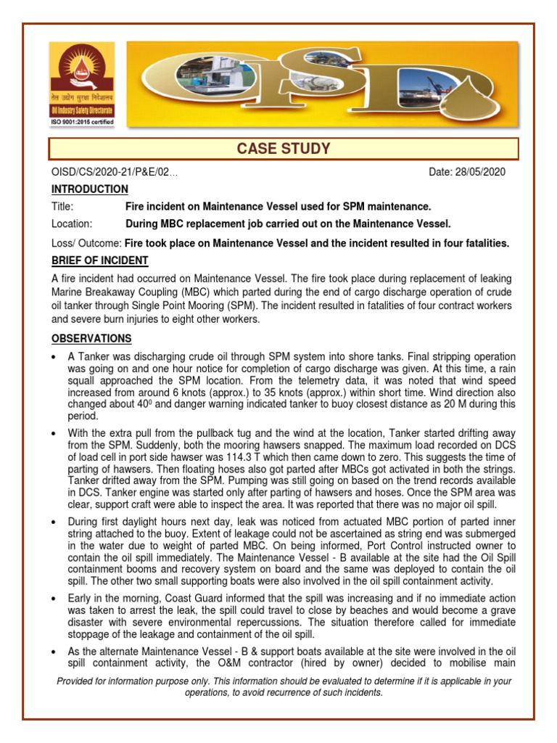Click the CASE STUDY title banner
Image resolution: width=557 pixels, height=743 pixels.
point(284,149)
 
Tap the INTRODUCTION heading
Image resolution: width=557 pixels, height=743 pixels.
point(90,189)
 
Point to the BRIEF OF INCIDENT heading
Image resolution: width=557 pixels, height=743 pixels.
point(100,260)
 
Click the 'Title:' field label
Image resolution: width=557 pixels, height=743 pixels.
point(63,207)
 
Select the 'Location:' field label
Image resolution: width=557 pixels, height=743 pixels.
point(72,223)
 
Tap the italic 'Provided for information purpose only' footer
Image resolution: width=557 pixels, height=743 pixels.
point(284,686)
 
